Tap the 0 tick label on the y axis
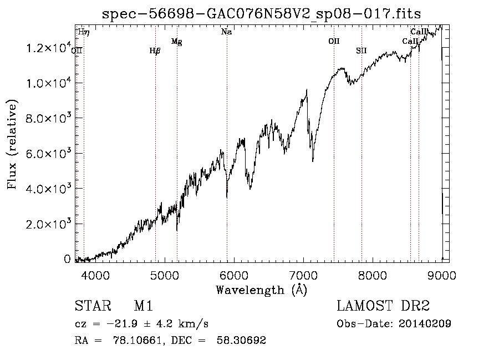click(x=67, y=259)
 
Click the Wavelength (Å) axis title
click(x=261, y=290)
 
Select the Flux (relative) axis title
click(x=12, y=144)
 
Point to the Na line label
click(x=226, y=32)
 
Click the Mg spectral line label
click(x=176, y=41)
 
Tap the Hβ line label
click(x=155, y=50)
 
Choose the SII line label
click(x=361, y=50)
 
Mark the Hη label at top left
click(x=84, y=32)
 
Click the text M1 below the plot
click(x=143, y=306)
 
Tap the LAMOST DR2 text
click(x=383, y=306)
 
